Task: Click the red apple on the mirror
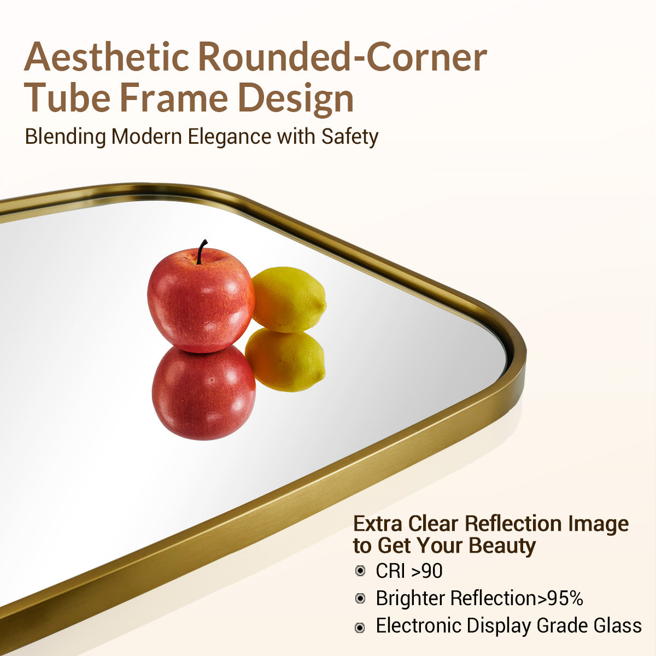[x=201, y=301]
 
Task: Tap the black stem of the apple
[x=201, y=251]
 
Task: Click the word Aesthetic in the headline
[x=107, y=56]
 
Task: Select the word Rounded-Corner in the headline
[x=342, y=56]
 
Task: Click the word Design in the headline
[x=296, y=98]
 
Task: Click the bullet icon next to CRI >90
[x=360, y=571]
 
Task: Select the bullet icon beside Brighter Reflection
[x=360, y=599]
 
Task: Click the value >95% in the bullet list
[x=560, y=599]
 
